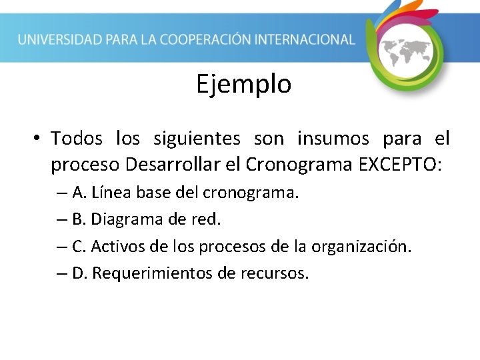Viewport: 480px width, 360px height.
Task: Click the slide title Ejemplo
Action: coord(243,85)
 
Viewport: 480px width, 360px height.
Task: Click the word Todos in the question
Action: coord(77,139)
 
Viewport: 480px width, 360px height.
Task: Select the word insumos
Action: coord(333,139)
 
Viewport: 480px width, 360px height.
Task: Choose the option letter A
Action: coord(79,193)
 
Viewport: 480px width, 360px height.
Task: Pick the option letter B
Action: coord(79,220)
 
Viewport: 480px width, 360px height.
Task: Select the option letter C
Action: coord(79,247)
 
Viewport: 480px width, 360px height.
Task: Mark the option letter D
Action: coord(79,273)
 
